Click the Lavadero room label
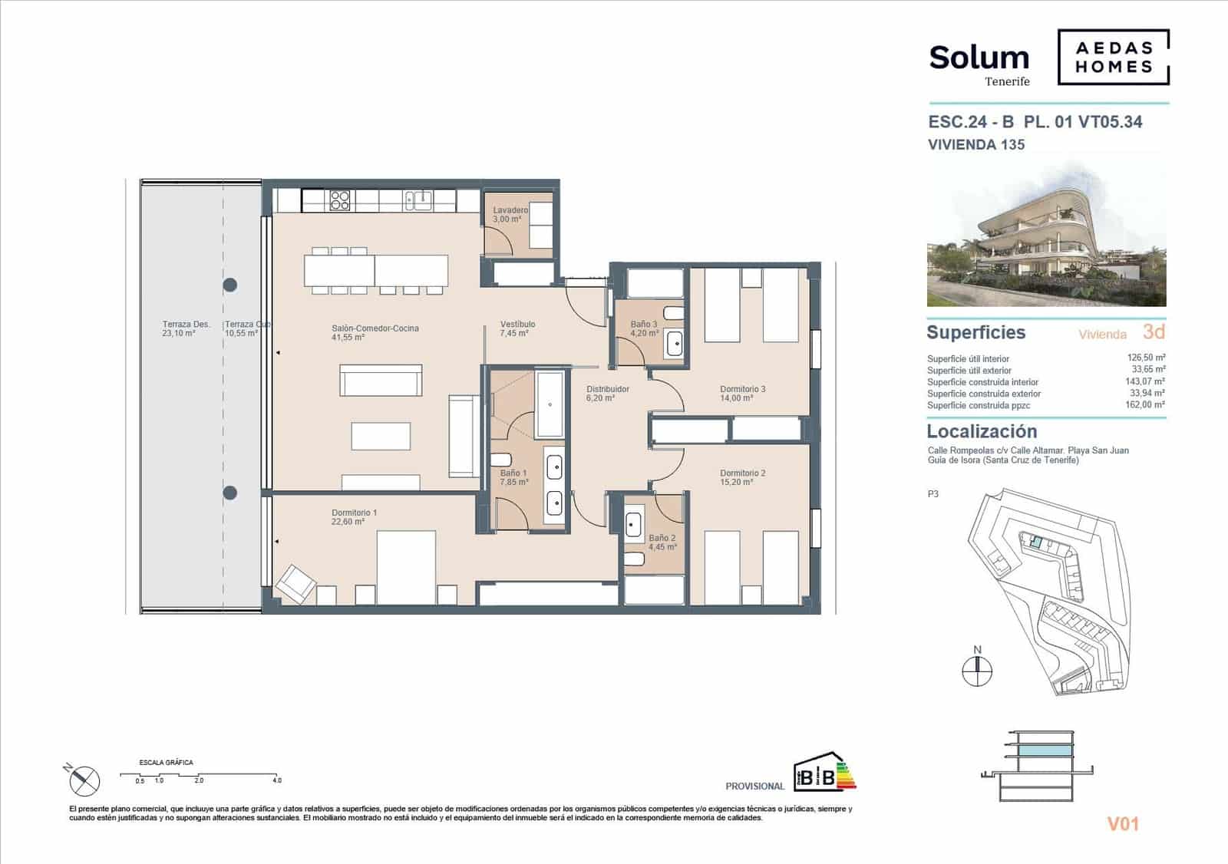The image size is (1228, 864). (510, 210)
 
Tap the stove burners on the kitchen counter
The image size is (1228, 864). (340, 200)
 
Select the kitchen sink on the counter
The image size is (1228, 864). (418, 200)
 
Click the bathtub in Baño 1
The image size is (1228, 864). (550, 404)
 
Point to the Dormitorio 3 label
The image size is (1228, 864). (742, 389)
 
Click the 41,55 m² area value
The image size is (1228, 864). (348, 338)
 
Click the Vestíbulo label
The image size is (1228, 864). (517, 324)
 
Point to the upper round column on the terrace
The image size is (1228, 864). (229, 285)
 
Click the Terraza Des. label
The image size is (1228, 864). (186, 325)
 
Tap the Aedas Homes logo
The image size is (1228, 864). (1113, 57)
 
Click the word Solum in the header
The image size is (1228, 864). (979, 58)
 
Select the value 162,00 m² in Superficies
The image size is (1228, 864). (1147, 405)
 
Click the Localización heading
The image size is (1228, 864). (982, 431)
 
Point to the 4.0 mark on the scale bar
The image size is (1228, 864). (277, 780)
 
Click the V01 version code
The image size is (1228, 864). (1122, 824)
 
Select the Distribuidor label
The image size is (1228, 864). (607, 389)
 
